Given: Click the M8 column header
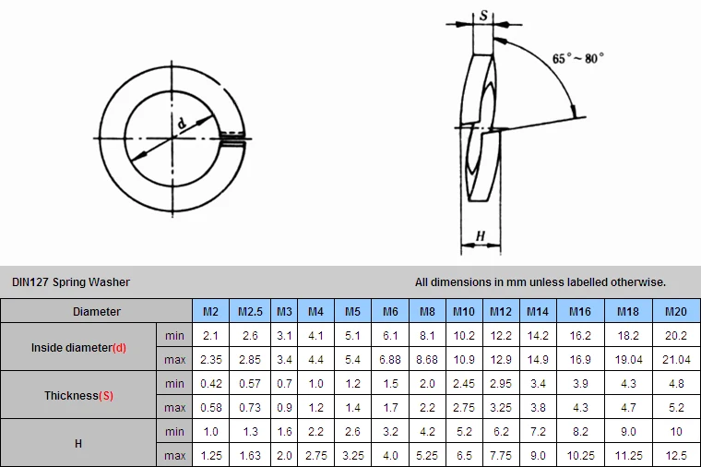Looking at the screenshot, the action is tap(427, 311).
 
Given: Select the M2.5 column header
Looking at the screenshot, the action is tap(250, 311).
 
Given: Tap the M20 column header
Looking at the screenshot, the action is tap(675, 311).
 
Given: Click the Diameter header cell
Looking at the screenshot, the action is tap(97, 311).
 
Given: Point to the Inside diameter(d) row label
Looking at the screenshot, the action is tap(78, 348).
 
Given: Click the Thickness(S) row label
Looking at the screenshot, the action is tap(78, 395).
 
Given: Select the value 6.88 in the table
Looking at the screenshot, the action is tap(390, 360).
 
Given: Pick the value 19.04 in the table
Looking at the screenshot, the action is tap(628, 360).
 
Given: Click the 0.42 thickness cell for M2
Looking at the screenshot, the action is tap(210, 384).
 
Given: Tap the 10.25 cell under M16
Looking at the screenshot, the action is tap(580, 455).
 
